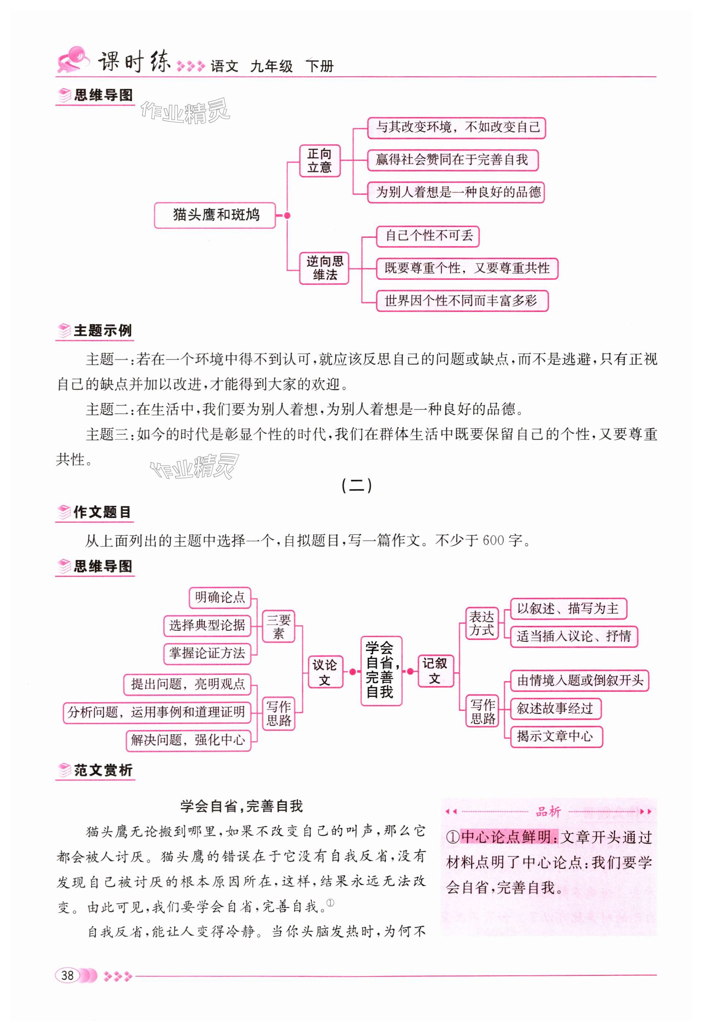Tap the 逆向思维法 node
324,268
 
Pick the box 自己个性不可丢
428,236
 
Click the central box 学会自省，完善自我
381,671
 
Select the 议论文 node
325,672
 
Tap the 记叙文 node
436,671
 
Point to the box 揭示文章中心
556,736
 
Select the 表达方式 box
482,623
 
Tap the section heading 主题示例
103,331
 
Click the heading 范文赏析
103,770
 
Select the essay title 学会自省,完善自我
241,806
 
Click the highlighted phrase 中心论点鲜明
509,837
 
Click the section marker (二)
356,486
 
